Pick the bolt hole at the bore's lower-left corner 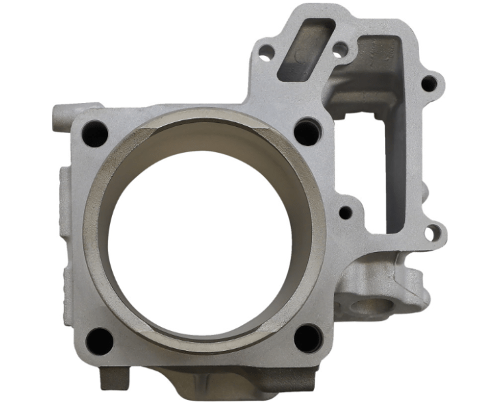pyautogui.click(x=100, y=341)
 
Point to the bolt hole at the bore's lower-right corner pyautogui.click(x=308, y=337)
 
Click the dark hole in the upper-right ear pyautogui.click(x=428, y=84)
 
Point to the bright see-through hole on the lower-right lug pyautogui.click(x=429, y=233)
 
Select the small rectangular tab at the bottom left pyautogui.click(x=112, y=378)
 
